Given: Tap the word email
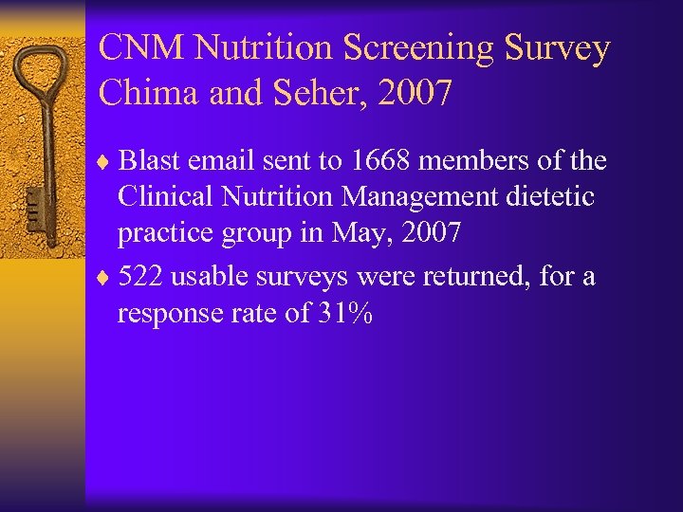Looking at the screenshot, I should point(228,161).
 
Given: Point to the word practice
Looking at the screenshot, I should point(164,233).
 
